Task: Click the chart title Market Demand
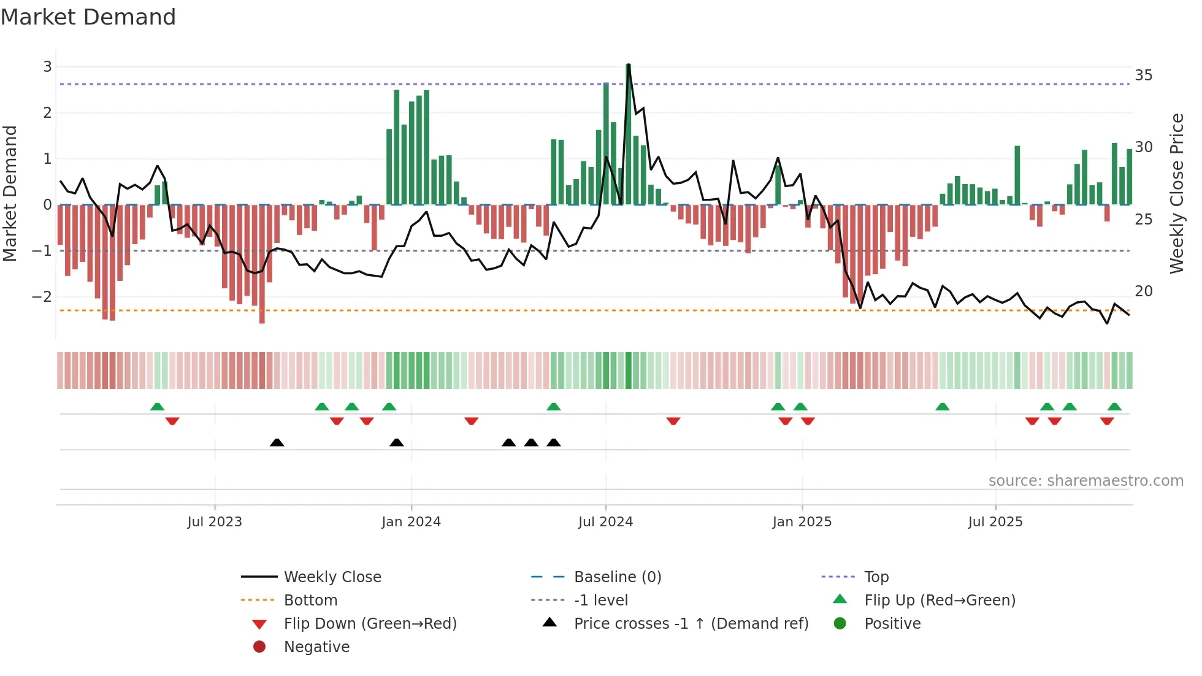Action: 88,17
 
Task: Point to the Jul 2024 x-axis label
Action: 605,522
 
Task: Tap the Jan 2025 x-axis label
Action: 802,522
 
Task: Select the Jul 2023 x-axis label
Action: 215,522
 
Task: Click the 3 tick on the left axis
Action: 47,67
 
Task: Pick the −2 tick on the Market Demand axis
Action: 42,297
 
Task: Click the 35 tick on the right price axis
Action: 1143,75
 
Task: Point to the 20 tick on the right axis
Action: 1143,291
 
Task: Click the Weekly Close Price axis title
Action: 1176,193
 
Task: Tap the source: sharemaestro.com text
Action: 1085,481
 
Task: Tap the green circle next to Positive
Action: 840,624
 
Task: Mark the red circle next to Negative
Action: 259,647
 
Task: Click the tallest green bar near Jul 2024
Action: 629,135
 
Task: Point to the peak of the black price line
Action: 629,65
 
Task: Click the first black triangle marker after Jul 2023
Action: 277,442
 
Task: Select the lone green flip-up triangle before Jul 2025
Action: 943,407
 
